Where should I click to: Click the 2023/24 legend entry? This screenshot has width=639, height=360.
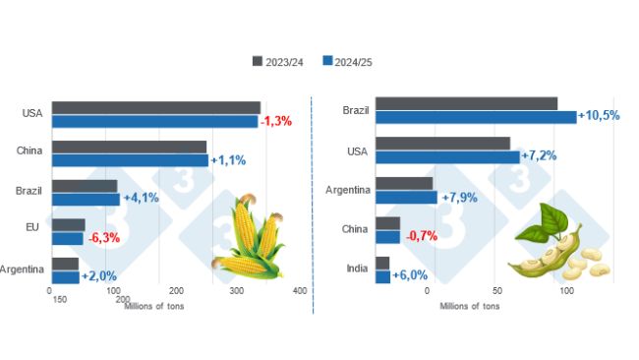pyautogui.click(x=277, y=61)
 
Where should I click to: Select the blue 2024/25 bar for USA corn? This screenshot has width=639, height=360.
pyautogui.click(x=154, y=121)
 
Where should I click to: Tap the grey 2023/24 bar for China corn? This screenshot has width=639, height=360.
pyautogui.click(x=129, y=147)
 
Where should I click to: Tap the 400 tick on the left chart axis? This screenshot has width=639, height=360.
pyautogui.click(x=301, y=291)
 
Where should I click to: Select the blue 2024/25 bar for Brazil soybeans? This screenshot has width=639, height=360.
pyautogui.click(x=476, y=117)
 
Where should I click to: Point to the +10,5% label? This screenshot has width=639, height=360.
pyautogui.click(x=599, y=116)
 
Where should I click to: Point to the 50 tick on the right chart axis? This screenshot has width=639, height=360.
pyautogui.click(x=496, y=291)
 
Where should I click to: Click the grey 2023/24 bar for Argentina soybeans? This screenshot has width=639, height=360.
pyautogui.click(x=404, y=183)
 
